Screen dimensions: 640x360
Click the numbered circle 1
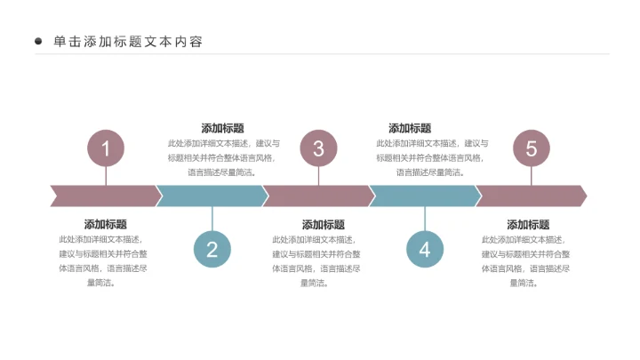click(x=106, y=148)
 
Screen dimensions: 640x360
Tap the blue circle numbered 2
click(x=212, y=250)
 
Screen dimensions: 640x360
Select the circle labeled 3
click(x=318, y=148)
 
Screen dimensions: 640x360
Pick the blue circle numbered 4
click(x=425, y=250)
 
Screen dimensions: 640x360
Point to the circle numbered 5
click(x=532, y=148)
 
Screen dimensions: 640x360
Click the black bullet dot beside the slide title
click(x=38, y=41)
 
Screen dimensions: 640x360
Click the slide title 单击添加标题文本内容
click(x=128, y=41)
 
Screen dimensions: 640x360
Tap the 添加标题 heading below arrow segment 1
click(x=105, y=224)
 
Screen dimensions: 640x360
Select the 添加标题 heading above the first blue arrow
click(x=222, y=128)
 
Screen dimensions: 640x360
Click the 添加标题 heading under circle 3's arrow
click(x=324, y=225)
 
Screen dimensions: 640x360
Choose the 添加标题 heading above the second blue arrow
click(x=410, y=128)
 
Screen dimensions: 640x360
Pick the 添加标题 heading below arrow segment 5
click(x=528, y=225)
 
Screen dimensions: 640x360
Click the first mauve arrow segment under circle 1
click(x=106, y=196)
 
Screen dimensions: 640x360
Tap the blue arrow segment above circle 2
click(x=212, y=196)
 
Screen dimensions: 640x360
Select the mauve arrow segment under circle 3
click(x=318, y=196)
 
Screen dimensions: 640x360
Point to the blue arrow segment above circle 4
click(x=425, y=196)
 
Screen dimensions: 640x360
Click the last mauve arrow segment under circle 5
click(x=532, y=196)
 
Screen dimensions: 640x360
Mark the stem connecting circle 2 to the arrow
click(x=212, y=219)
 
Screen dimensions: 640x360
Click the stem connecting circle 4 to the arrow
click(x=425, y=219)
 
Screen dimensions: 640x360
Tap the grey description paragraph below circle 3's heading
click(x=316, y=261)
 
